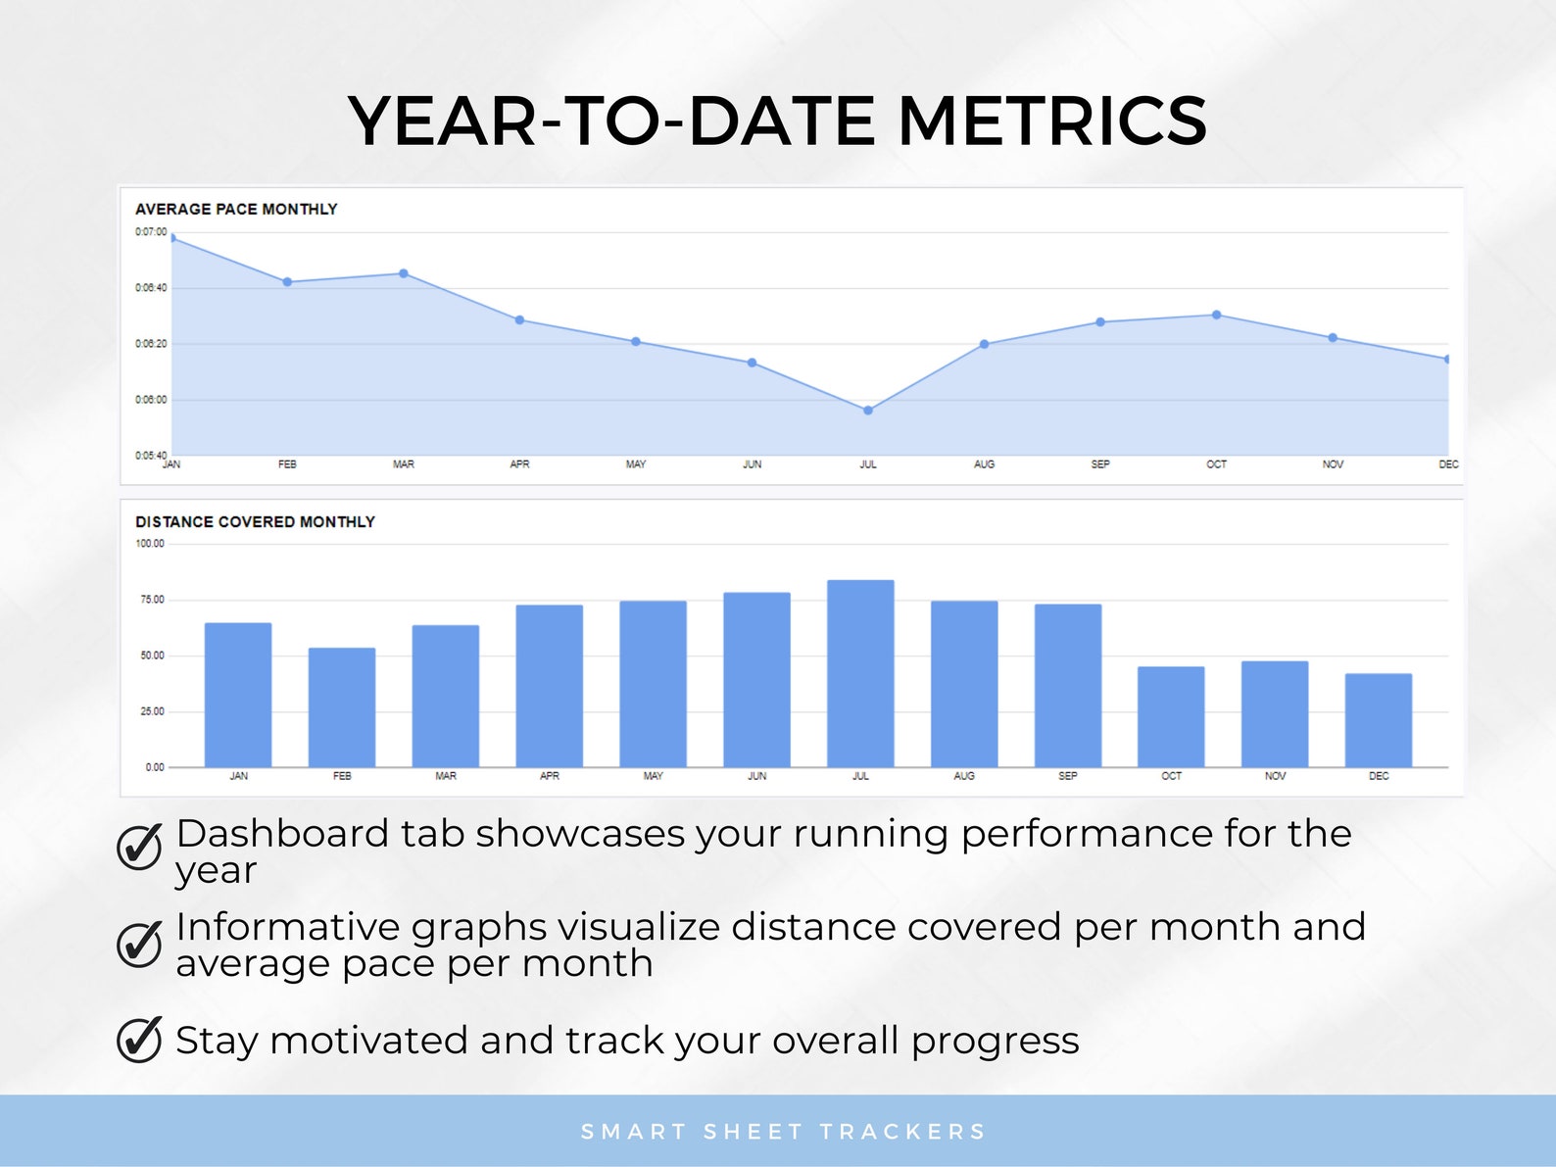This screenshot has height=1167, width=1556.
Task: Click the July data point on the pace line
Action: (x=868, y=411)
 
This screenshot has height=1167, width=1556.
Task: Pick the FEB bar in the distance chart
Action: (x=342, y=707)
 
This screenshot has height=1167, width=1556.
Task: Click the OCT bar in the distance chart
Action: (x=1171, y=717)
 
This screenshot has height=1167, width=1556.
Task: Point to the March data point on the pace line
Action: (x=404, y=273)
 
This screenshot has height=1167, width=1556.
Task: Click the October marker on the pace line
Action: (x=1216, y=316)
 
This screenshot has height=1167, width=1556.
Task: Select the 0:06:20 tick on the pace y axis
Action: (x=151, y=344)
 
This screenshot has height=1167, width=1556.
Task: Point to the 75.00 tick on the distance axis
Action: (x=152, y=600)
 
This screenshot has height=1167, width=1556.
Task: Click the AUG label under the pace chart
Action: (x=984, y=464)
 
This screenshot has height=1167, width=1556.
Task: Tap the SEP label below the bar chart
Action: (x=1067, y=776)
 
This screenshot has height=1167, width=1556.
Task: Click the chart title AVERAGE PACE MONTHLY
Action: (x=236, y=209)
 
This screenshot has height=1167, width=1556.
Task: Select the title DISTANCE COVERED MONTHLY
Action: (x=255, y=522)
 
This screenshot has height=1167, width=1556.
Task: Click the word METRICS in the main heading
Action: (x=1051, y=122)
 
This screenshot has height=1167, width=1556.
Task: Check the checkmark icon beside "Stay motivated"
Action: (x=139, y=1040)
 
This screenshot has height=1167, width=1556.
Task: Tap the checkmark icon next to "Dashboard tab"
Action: (x=139, y=847)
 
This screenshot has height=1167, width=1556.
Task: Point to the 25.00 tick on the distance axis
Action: (x=152, y=711)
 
